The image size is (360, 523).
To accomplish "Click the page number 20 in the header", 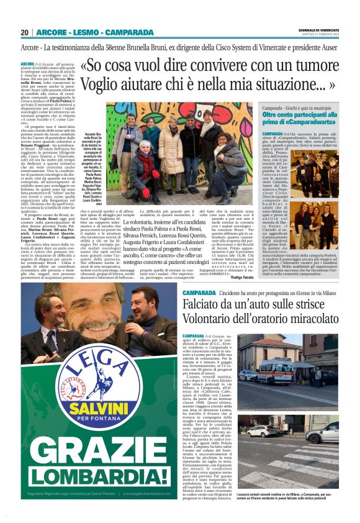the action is point(25,32).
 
